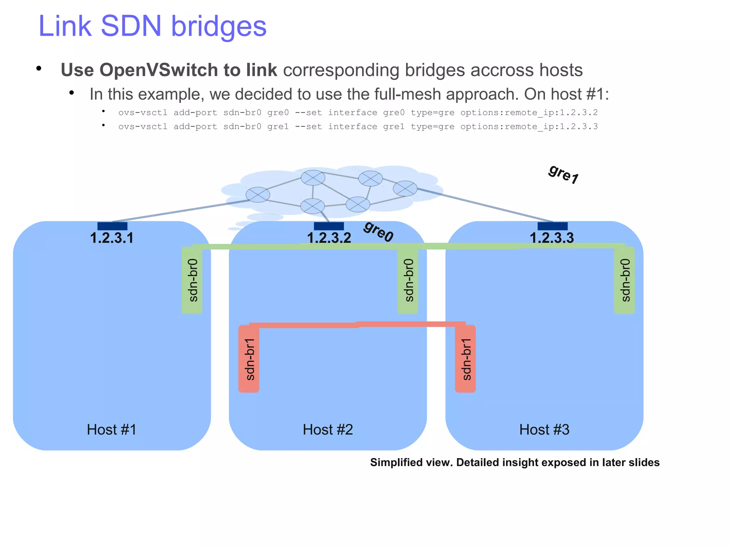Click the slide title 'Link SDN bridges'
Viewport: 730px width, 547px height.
click(152, 26)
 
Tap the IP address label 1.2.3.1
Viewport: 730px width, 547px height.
click(112, 238)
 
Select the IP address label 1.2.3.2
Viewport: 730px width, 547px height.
click(329, 238)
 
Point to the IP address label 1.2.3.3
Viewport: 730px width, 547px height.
click(552, 238)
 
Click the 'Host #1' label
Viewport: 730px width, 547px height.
click(112, 429)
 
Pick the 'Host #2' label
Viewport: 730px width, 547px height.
click(328, 429)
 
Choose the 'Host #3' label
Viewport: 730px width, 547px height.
click(544, 429)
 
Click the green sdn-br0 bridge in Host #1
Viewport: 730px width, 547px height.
click(192, 280)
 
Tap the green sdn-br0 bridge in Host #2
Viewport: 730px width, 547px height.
click(408, 280)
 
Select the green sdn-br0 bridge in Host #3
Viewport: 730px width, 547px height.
click(624, 280)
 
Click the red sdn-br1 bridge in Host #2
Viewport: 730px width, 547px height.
click(249, 358)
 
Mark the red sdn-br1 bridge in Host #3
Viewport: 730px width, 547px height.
click(466, 358)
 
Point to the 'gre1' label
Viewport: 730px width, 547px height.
click(564, 174)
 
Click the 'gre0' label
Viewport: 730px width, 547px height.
click(378, 231)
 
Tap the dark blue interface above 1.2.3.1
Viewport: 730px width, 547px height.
click(112, 226)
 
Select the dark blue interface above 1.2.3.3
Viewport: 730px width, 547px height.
click(552, 226)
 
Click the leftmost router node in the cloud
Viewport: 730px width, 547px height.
click(258, 195)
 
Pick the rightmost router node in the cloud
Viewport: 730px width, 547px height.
click(405, 188)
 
